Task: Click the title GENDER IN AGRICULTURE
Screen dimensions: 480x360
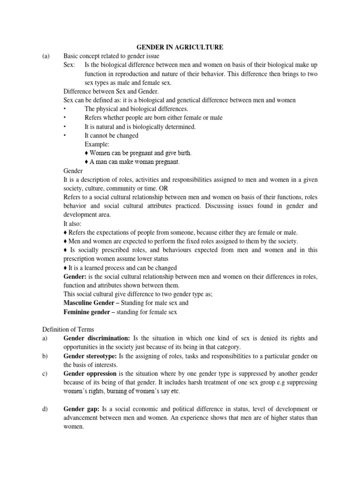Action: pyautogui.click(x=180, y=47)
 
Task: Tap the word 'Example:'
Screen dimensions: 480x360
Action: pyautogui.click(x=97, y=144)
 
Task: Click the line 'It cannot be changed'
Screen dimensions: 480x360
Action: pyautogui.click(x=112, y=135)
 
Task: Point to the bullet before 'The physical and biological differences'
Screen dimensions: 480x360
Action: pyautogui.click(x=65, y=109)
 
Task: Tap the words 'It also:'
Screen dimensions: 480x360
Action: pyautogui.click(x=73, y=224)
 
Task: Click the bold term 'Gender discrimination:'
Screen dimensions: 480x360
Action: pyautogui.click(x=97, y=338)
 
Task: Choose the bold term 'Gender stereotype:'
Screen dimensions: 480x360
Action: pyautogui.click(x=92, y=356)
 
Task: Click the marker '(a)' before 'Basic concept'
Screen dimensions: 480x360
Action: pyautogui.click(x=46, y=56)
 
